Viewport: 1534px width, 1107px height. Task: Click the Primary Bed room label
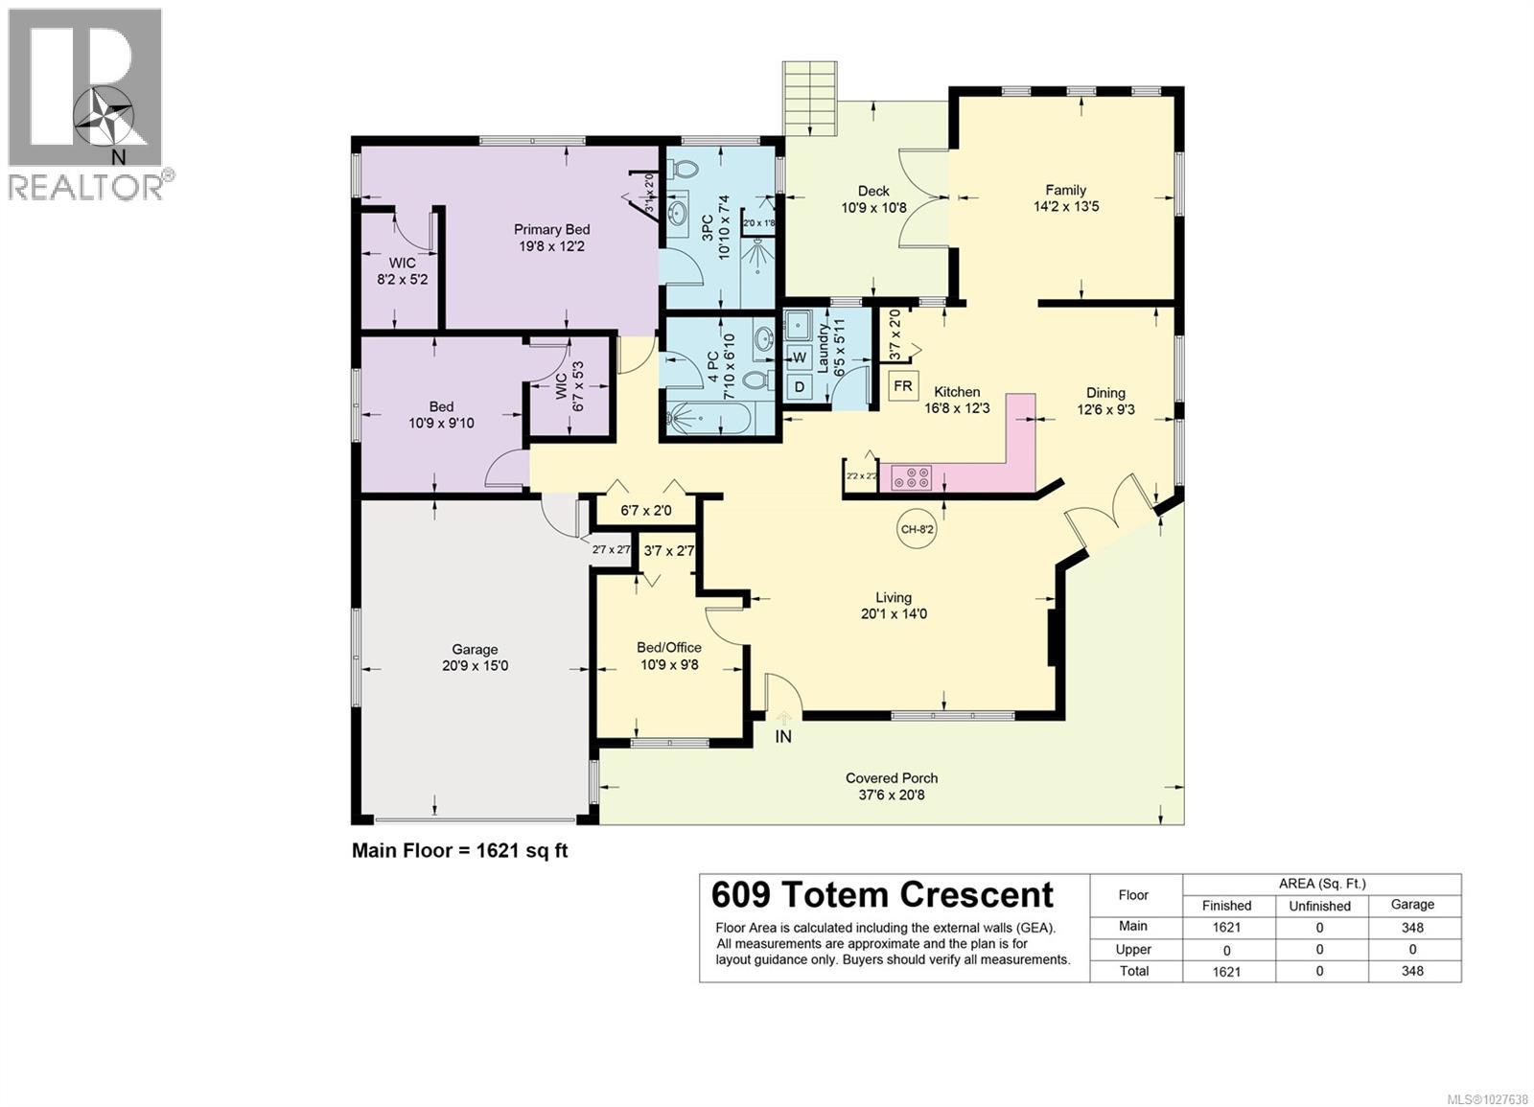(x=551, y=229)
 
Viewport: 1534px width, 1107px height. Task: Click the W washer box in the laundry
(x=799, y=357)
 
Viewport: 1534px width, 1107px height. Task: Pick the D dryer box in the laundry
(x=799, y=386)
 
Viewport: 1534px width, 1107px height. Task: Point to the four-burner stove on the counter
(x=912, y=476)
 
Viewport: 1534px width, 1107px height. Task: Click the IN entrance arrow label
(x=783, y=737)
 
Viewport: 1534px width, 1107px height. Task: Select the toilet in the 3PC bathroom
(x=685, y=168)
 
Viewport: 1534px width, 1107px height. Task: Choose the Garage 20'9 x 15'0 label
(x=475, y=657)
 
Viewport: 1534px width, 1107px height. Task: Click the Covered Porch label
(x=892, y=778)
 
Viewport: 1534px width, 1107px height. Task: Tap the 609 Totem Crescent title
(x=882, y=894)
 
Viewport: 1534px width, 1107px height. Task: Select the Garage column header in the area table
(x=1412, y=904)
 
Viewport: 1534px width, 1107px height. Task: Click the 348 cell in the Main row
(x=1412, y=927)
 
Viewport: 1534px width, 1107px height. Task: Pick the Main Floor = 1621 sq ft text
(x=460, y=850)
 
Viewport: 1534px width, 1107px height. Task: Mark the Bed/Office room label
(x=669, y=648)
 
